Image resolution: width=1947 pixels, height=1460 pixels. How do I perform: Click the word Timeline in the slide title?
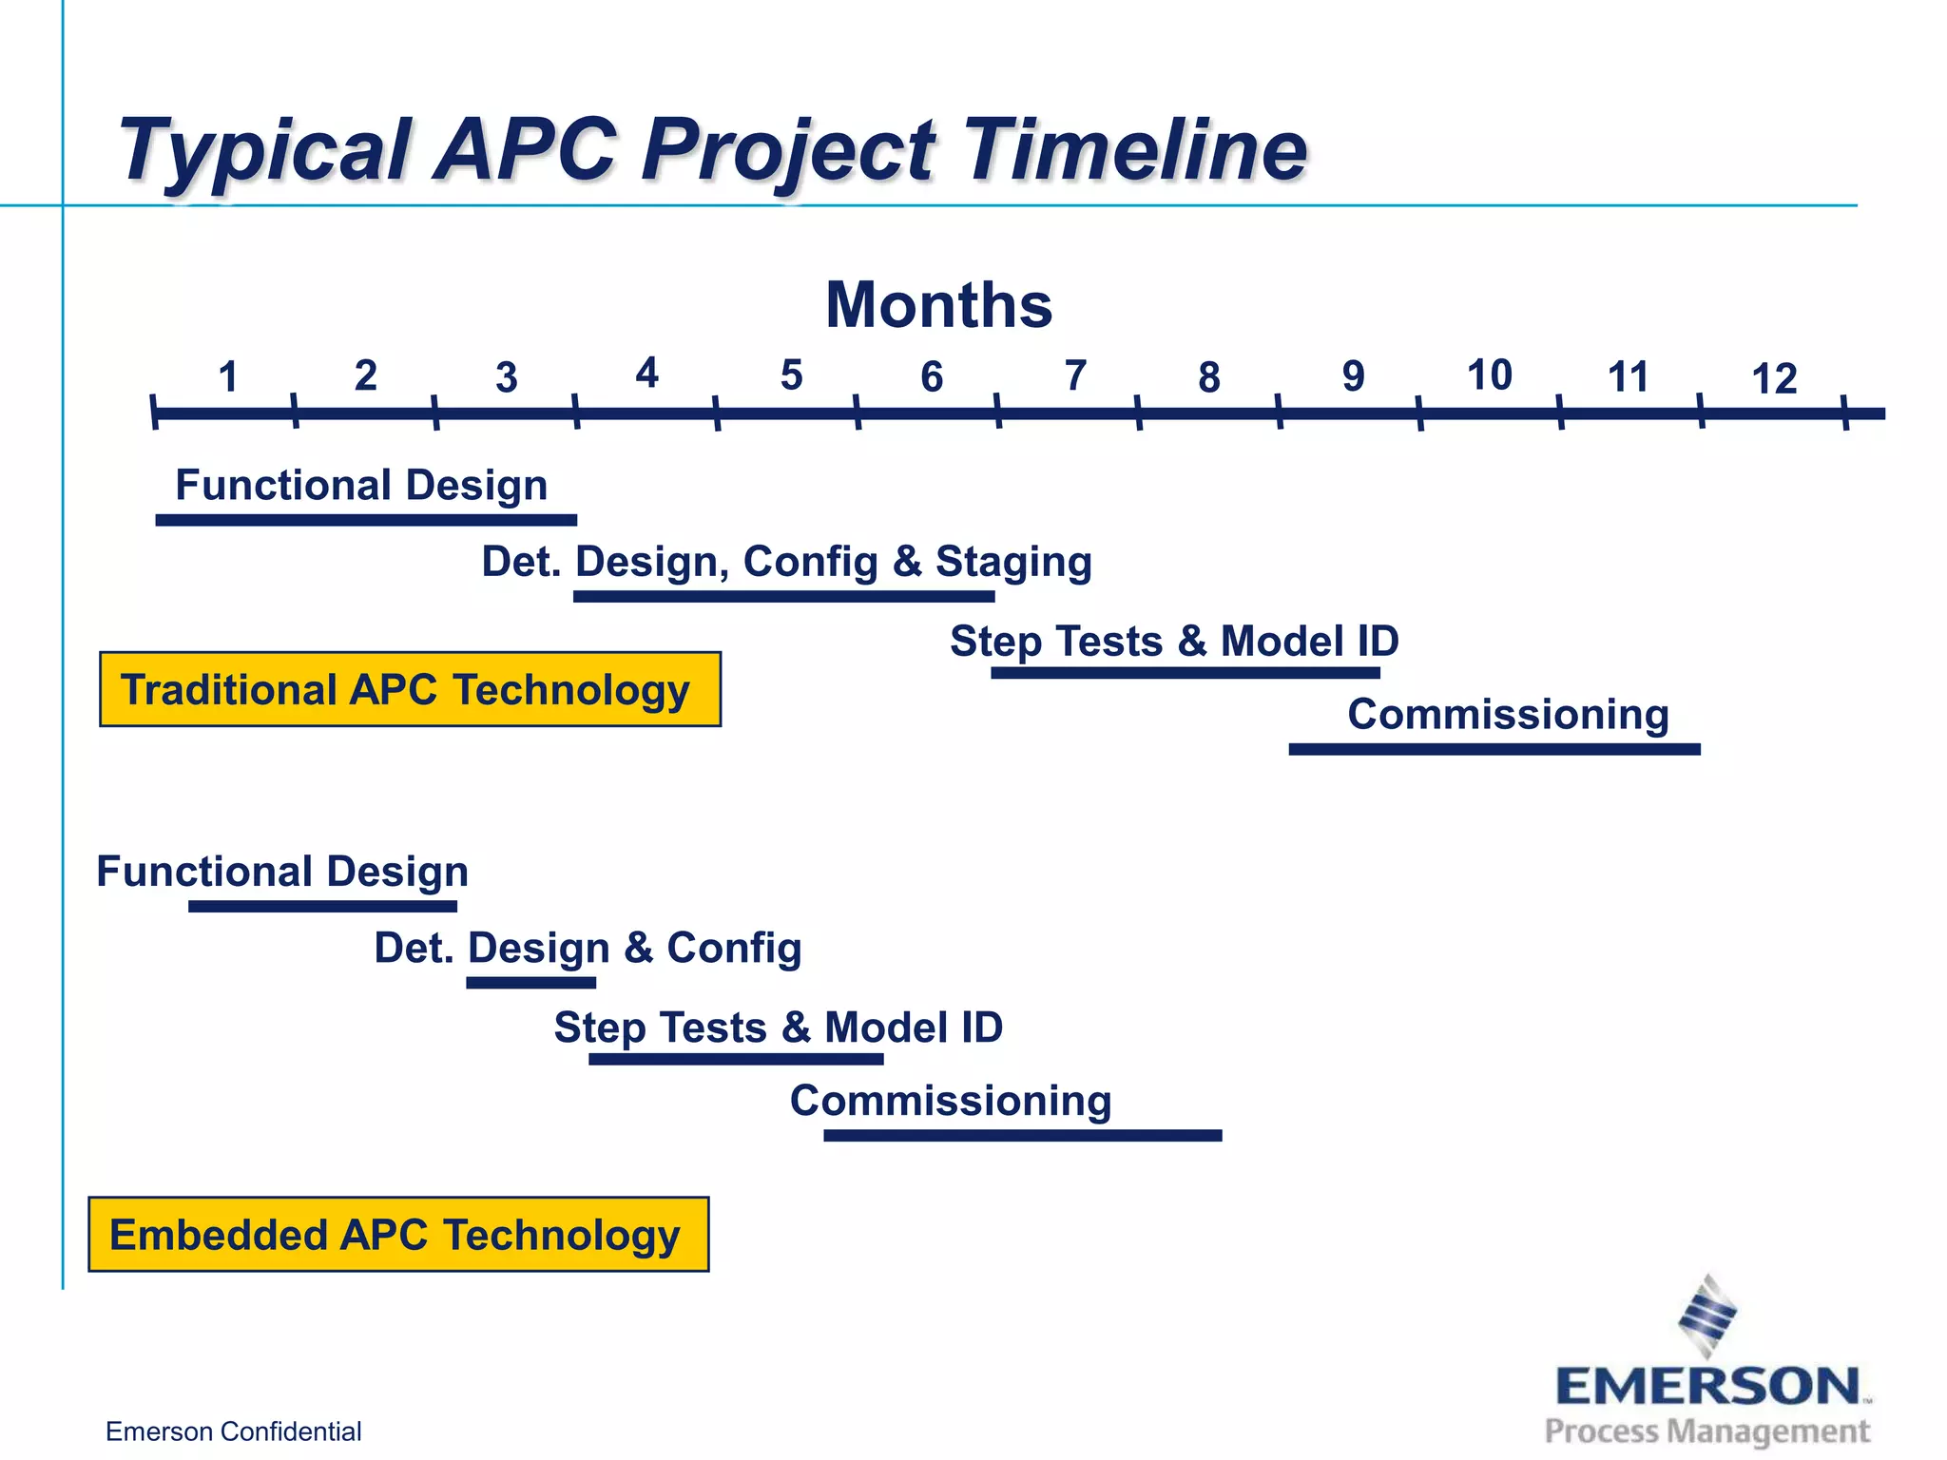click(x=1136, y=149)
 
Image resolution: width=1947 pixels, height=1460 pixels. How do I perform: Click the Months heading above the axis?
click(x=938, y=305)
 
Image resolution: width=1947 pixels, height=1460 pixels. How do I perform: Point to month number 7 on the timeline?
click(x=1075, y=376)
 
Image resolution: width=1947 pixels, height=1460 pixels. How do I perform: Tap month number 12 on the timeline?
click(x=1774, y=379)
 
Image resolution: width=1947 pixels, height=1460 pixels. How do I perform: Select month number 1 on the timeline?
click(x=227, y=377)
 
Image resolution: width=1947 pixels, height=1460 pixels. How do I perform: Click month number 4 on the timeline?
click(x=646, y=374)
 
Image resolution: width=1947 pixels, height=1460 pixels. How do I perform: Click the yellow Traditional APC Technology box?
click(x=410, y=689)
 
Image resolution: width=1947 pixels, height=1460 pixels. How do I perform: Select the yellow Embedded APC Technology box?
click(x=398, y=1234)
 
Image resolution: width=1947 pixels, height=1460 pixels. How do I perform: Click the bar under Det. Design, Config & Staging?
click(x=783, y=597)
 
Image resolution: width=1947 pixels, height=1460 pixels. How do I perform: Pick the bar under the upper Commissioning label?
click(x=1494, y=749)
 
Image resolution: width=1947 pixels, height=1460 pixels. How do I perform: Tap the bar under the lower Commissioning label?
click(x=1022, y=1135)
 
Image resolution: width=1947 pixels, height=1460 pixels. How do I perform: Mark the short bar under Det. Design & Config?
click(x=530, y=983)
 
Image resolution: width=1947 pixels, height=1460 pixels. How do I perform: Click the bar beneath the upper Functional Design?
click(x=366, y=520)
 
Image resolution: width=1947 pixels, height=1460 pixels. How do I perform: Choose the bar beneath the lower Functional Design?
click(x=322, y=907)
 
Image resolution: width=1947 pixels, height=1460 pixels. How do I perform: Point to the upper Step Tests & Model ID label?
click(x=1174, y=641)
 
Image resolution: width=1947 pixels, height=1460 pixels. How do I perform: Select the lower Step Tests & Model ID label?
click(x=778, y=1028)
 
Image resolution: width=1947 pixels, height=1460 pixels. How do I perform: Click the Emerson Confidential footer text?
click(x=233, y=1431)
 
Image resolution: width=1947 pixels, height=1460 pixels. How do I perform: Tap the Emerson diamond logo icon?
click(x=1707, y=1315)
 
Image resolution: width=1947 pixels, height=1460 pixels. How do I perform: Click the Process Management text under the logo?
click(x=1706, y=1431)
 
